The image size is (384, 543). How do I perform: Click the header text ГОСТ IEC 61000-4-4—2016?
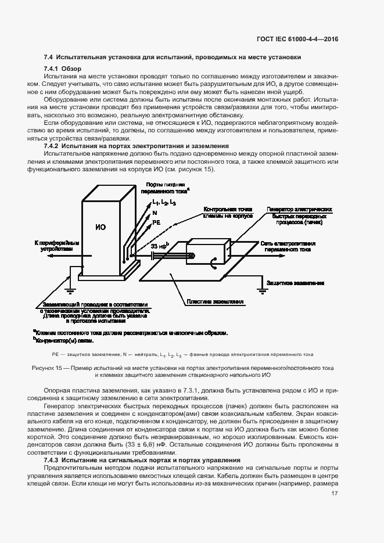(x=297, y=39)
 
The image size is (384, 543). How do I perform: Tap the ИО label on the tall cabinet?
(x=100, y=227)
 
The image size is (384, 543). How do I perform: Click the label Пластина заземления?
(x=214, y=301)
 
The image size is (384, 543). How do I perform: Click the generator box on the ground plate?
(x=207, y=256)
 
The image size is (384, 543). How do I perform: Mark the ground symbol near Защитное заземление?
(x=259, y=286)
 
